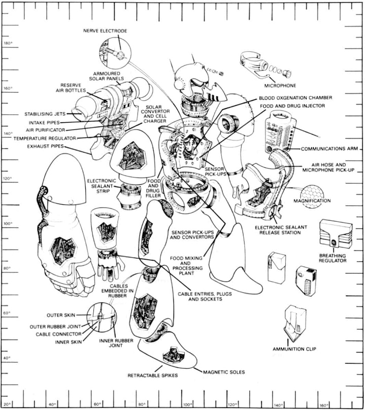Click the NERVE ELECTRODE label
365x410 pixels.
(x=105, y=30)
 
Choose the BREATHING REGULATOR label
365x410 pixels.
(x=333, y=258)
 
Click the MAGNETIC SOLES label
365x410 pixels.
(x=224, y=372)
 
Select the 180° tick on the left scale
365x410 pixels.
(x=8, y=43)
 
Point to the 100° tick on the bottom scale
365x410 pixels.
(x=186, y=404)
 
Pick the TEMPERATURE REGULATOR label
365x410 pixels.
(x=45, y=138)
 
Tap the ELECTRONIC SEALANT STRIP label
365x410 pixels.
(x=102, y=186)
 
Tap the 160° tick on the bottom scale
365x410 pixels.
(x=323, y=404)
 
